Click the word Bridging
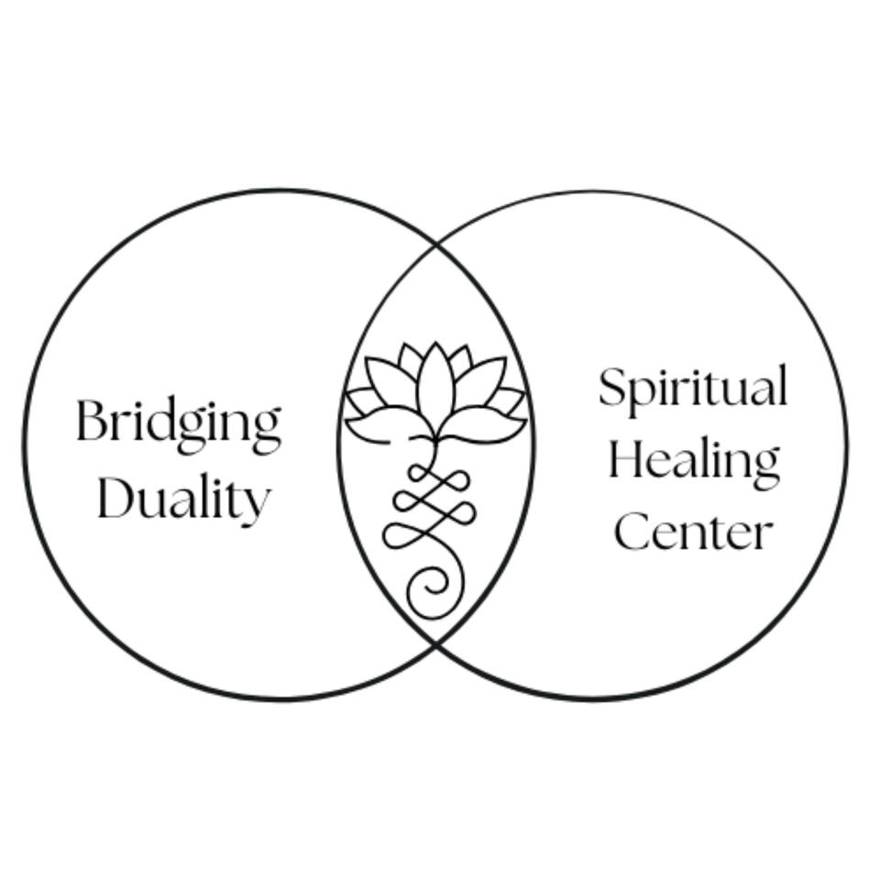click(x=178, y=423)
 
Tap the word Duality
click(x=183, y=500)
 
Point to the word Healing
click(x=693, y=460)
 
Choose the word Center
click(x=693, y=532)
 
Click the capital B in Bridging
click(x=91, y=421)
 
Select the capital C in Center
click(x=632, y=532)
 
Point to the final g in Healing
click(x=765, y=466)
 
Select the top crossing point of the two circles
click(x=435, y=244)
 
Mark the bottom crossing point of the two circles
click(x=435, y=644)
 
